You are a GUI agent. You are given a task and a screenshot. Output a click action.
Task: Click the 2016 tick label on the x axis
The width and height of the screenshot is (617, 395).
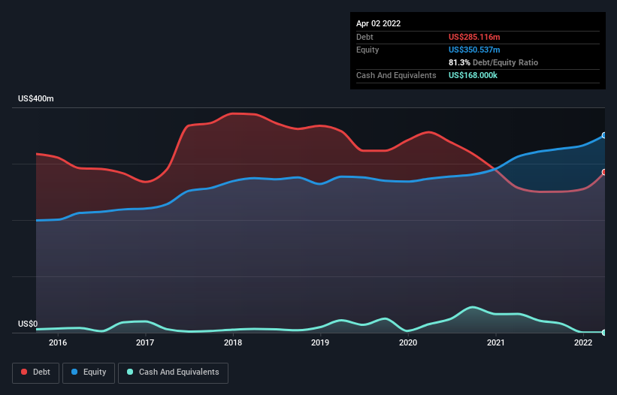[57, 342]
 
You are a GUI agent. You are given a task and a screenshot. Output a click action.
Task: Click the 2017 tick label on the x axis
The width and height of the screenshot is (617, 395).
[145, 342]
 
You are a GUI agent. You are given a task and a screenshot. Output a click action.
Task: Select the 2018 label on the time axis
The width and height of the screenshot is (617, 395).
[233, 342]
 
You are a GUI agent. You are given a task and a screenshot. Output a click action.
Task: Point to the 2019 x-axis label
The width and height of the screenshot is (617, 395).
[320, 342]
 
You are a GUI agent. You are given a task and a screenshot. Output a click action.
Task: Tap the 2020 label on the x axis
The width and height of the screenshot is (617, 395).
[408, 342]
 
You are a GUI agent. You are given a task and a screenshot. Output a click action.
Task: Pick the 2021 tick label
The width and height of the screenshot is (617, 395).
[496, 342]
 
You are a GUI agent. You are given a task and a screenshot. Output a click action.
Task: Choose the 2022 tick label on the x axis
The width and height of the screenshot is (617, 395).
[583, 342]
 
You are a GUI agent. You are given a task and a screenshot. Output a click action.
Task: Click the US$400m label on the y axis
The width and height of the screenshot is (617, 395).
[36, 99]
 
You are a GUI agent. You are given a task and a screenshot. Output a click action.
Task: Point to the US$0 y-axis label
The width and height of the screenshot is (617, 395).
[28, 324]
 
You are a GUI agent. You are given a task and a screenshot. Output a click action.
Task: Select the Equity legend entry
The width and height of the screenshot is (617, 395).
[89, 372]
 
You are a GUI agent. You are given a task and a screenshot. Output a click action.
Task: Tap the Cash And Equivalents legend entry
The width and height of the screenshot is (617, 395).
[173, 372]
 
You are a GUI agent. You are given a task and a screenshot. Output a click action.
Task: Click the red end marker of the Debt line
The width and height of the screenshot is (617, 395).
[604, 172]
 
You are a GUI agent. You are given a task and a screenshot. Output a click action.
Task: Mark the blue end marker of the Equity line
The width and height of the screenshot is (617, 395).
[604, 135]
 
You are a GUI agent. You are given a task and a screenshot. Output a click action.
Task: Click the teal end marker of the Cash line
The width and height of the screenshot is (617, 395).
[604, 332]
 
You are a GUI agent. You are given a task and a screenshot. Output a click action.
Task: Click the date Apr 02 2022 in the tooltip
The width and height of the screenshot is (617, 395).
[378, 23]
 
